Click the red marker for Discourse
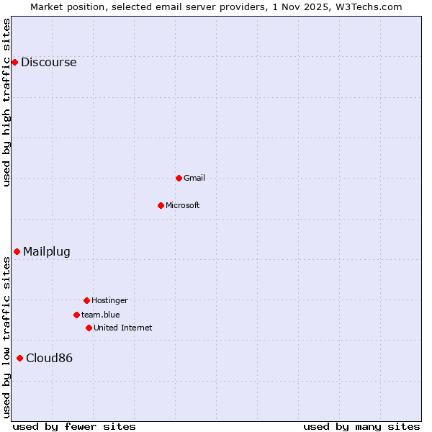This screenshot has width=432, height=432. [x=14, y=62]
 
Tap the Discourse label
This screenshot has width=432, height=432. [x=48, y=62]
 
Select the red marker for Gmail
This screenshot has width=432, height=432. [x=179, y=178]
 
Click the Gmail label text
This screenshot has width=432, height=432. [x=194, y=178]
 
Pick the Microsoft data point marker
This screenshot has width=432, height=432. [x=161, y=205]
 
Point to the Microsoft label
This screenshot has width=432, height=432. [x=183, y=205]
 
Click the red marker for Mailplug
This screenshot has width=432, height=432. [x=17, y=251]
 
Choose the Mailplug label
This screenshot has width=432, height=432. [x=47, y=251]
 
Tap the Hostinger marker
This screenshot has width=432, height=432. [x=86, y=300]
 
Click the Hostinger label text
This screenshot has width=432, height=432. [x=109, y=300]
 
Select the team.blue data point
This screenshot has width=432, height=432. [x=76, y=315]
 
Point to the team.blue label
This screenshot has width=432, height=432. [x=101, y=315]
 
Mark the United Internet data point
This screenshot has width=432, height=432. [x=89, y=328]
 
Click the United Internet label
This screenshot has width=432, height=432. [x=123, y=328]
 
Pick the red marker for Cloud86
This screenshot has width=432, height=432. [x=19, y=358]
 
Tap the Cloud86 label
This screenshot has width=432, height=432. [x=49, y=358]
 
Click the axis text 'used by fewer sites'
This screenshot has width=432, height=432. [x=74, y=426]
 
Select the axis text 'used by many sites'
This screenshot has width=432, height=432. [x=361, y=426]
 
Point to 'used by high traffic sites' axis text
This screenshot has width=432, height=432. [x=7, y=102]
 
